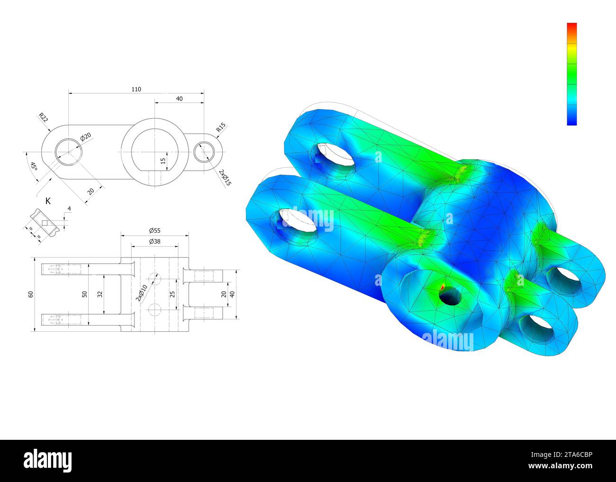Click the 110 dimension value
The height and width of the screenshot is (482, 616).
point(136,89)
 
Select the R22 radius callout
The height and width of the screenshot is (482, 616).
point(44,117)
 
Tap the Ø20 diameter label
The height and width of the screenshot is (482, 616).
point(86,136)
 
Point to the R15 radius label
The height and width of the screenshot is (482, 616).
point(221,127)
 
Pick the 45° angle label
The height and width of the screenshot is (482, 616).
point(34,166)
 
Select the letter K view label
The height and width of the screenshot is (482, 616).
point(48,201)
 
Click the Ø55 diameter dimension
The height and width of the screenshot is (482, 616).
point(155,230)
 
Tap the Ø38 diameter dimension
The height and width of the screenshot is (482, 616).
point(155,241)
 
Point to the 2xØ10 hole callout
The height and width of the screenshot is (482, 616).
point(142,293)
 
